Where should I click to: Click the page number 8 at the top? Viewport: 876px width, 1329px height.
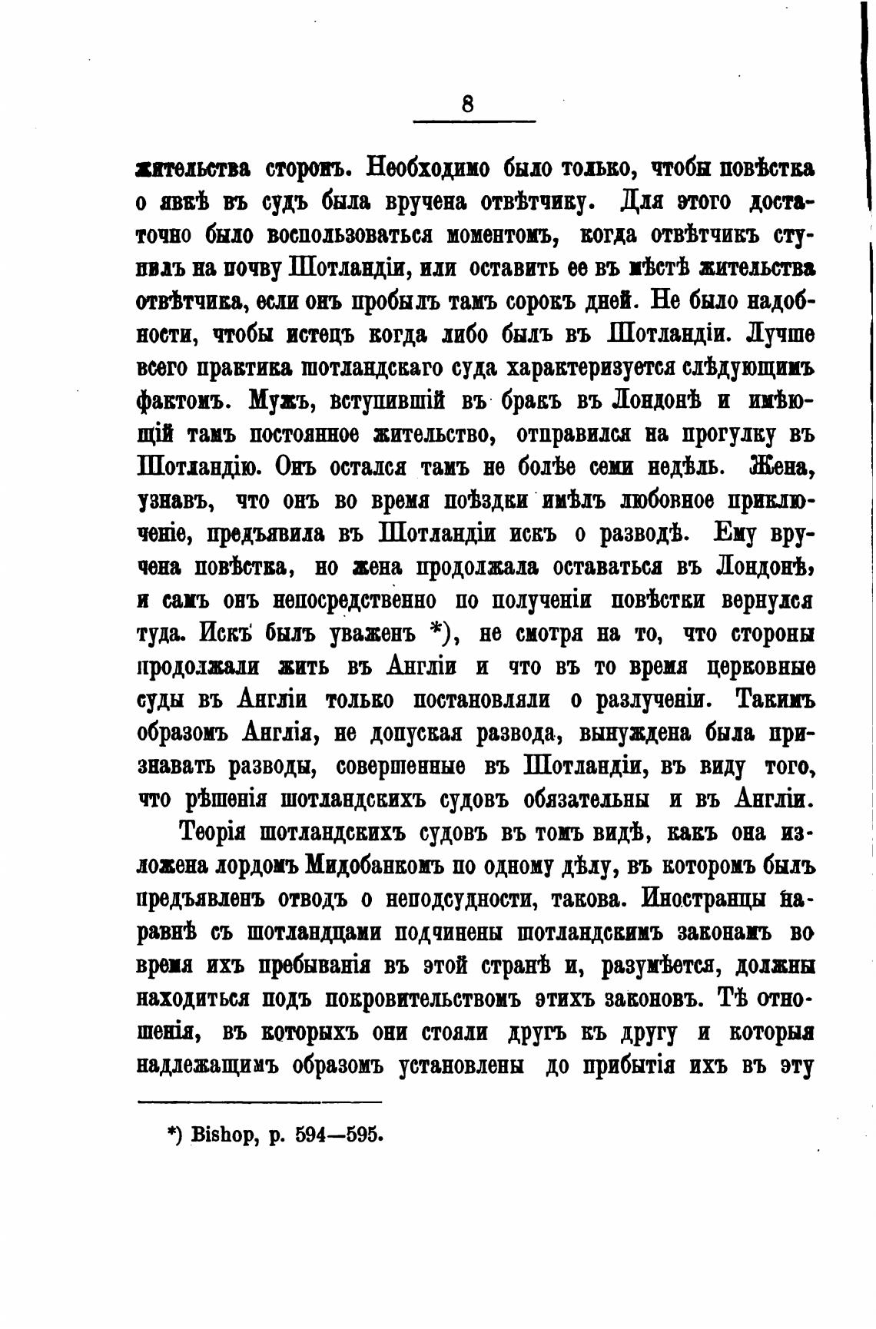pos(468,102)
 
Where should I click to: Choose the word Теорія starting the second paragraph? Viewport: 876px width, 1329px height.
pos(213,833)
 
